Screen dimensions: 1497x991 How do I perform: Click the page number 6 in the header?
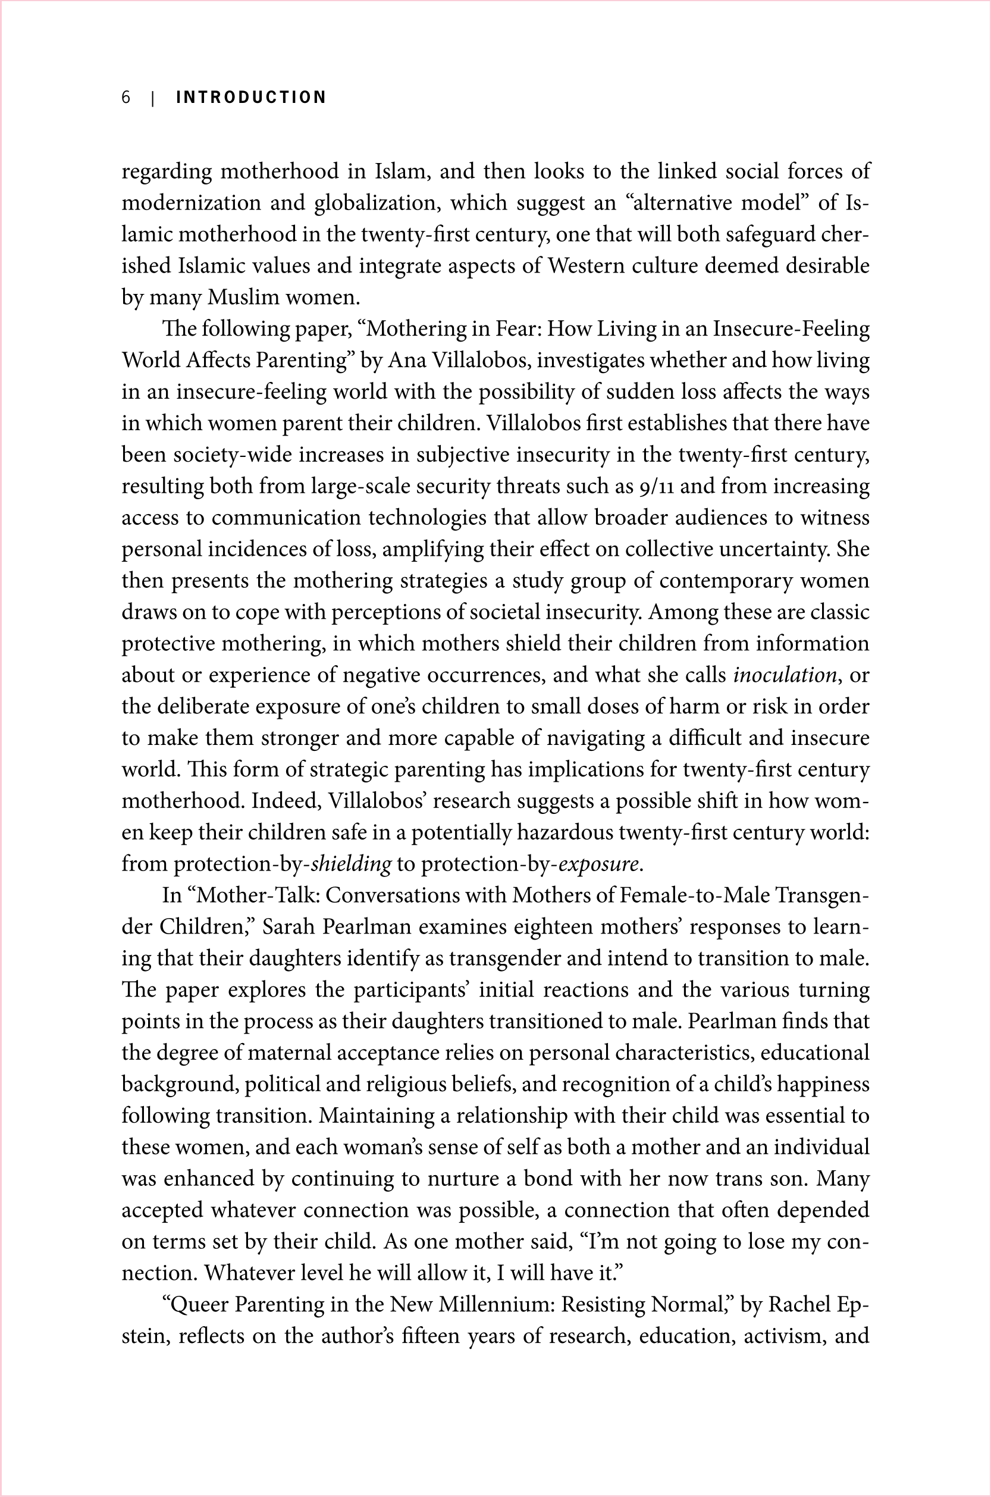click(126, 98)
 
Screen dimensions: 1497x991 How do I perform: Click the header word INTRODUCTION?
click(251, 98)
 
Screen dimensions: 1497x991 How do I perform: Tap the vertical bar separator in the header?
click(153, 98)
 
